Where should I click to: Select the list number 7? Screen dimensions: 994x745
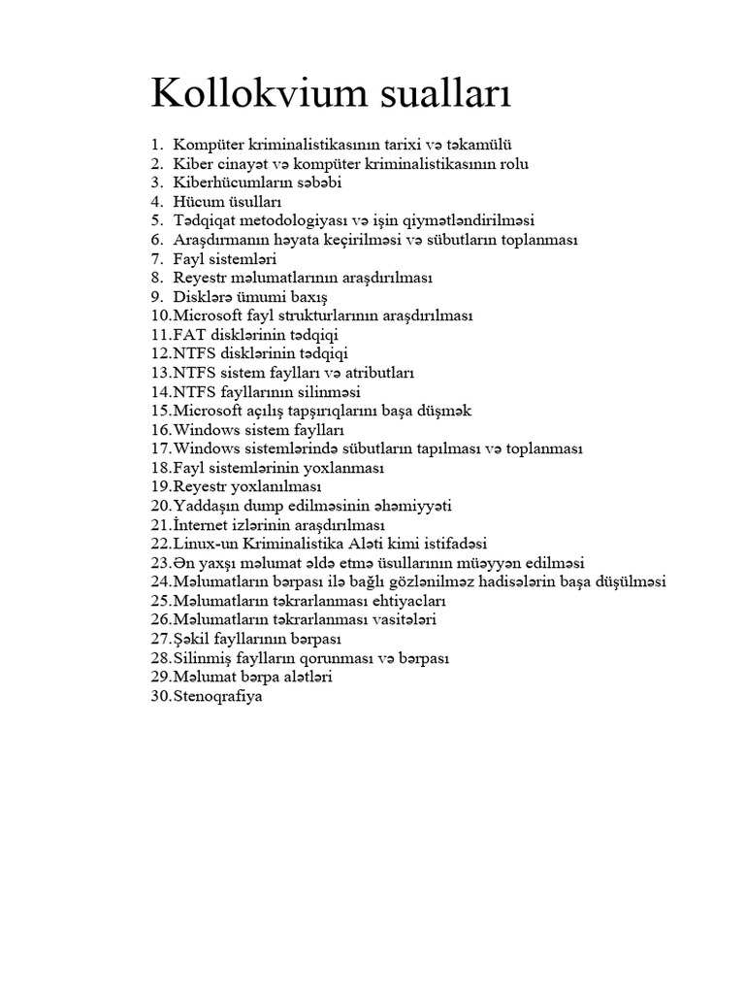155,258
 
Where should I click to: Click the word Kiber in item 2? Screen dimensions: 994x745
192,163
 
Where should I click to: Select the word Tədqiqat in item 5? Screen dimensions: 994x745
208,220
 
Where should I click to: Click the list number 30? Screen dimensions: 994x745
160,696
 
